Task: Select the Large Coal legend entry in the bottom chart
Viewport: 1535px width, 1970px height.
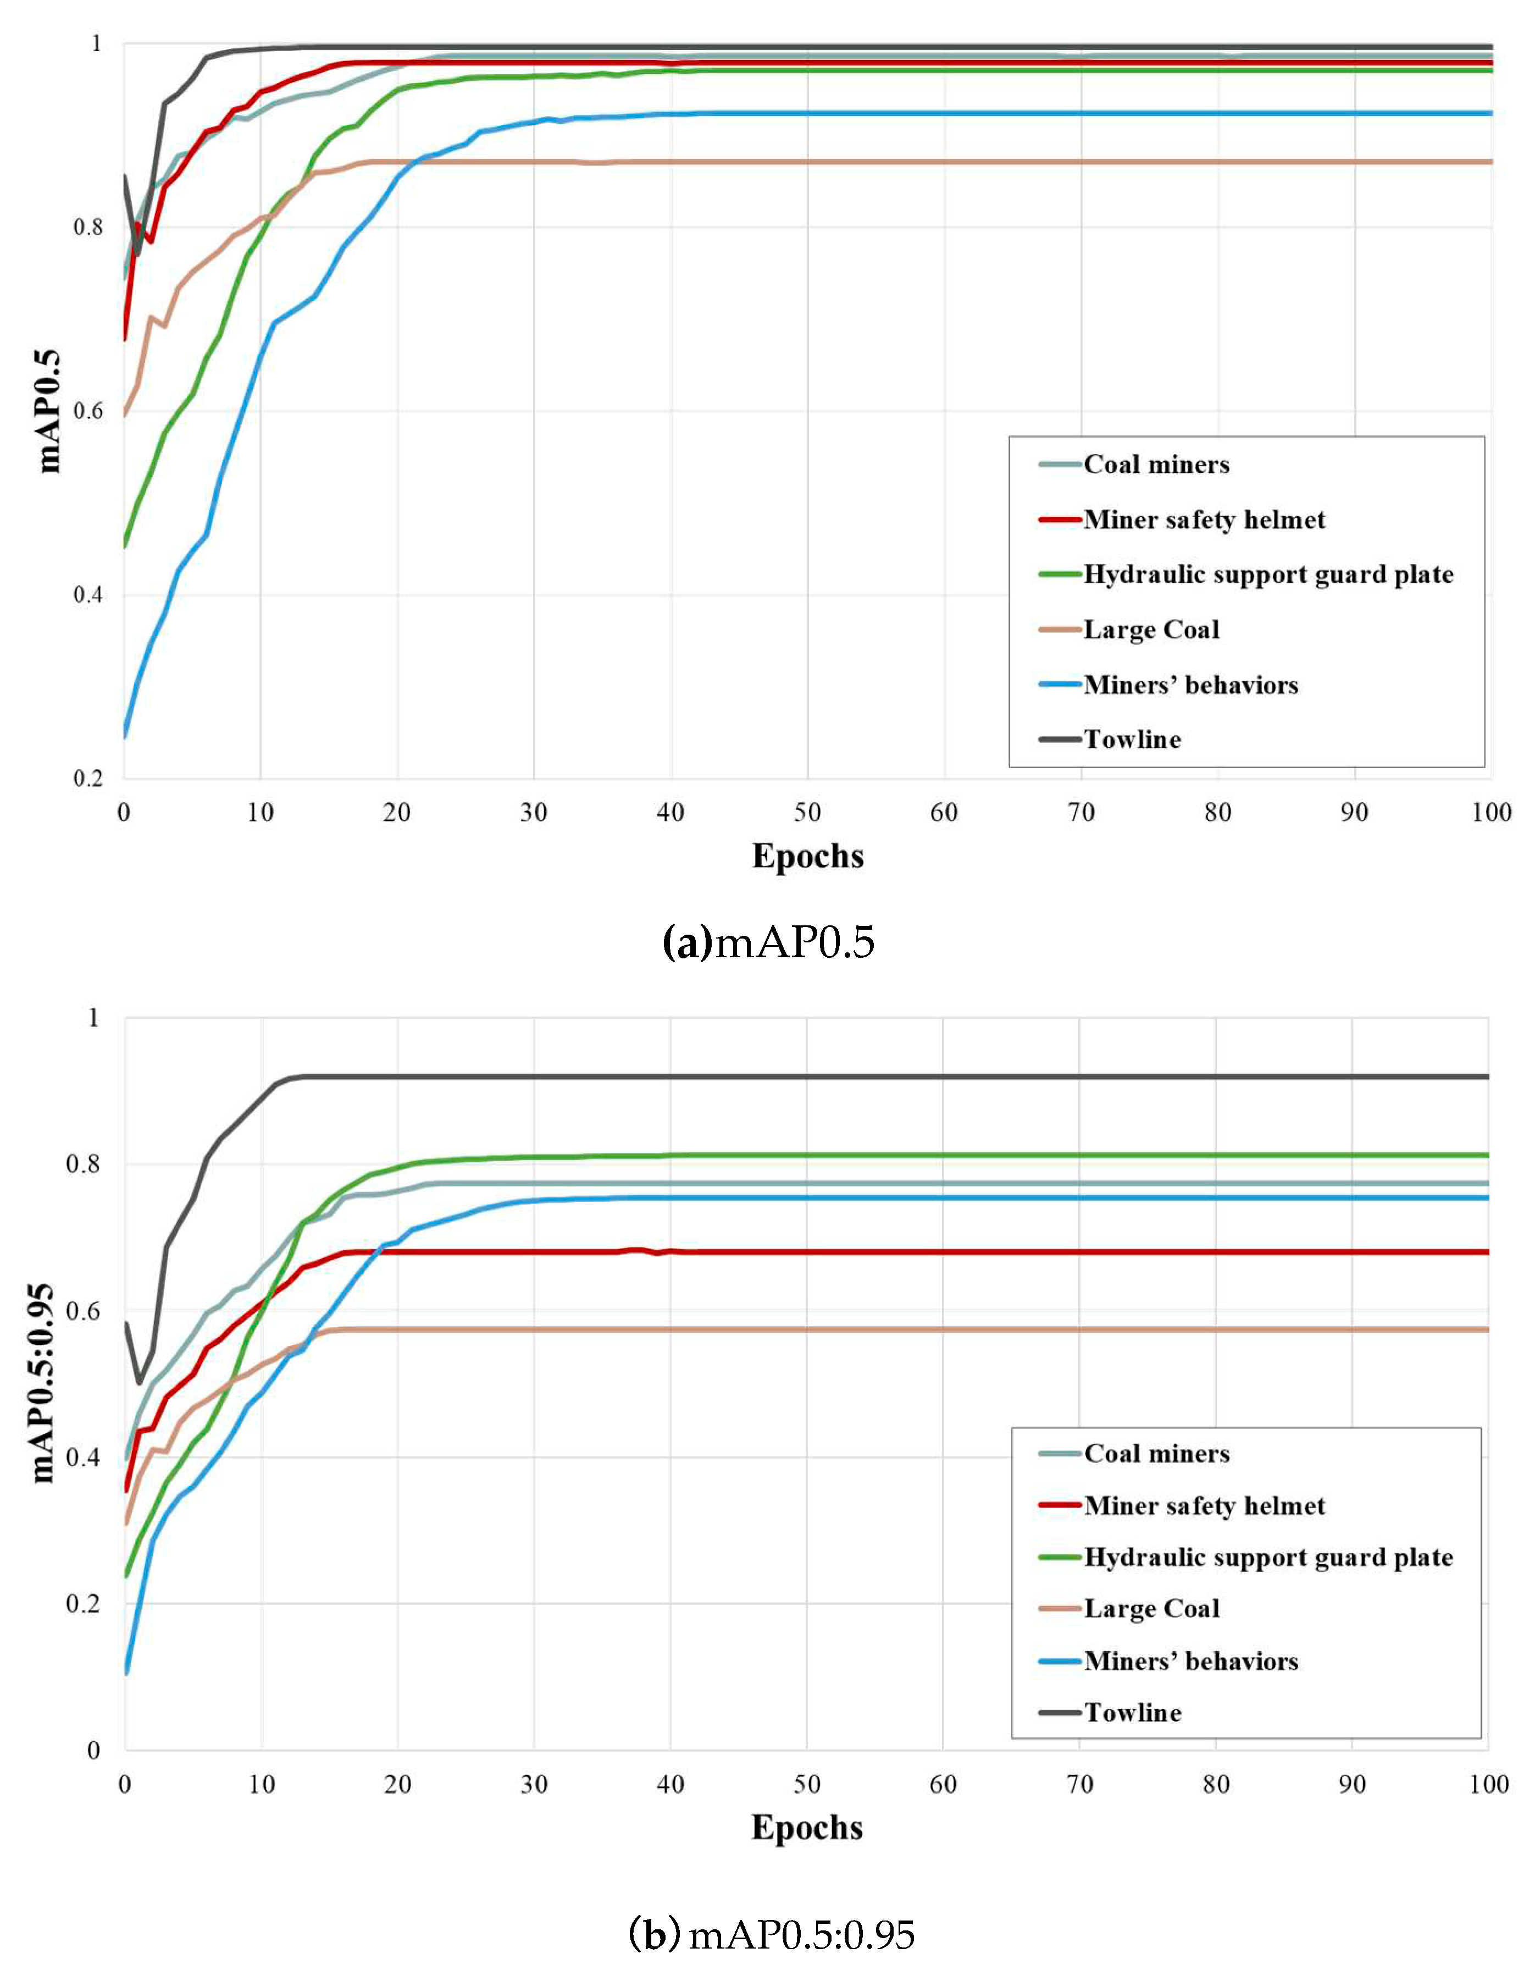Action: click(x=1152, y=1609)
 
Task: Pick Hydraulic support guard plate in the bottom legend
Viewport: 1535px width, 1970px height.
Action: click(x=1268, y=1557)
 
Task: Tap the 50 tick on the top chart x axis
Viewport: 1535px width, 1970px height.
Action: click(x=807, y=813)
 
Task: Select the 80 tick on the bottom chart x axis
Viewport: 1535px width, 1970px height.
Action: click(x=1216, y=1784)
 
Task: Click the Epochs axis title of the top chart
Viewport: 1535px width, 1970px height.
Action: click(x=807, y=856)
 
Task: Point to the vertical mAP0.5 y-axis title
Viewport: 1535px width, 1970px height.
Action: click(x=49, y=411)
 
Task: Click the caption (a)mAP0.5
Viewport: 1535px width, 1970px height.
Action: click(x=768, y=942)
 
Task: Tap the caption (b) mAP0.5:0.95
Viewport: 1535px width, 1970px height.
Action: click(x=771, y=1934)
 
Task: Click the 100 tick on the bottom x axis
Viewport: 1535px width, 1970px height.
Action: click(x=1489, y=1784)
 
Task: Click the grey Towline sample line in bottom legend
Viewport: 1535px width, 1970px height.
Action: click(x=1060, y=1712)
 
